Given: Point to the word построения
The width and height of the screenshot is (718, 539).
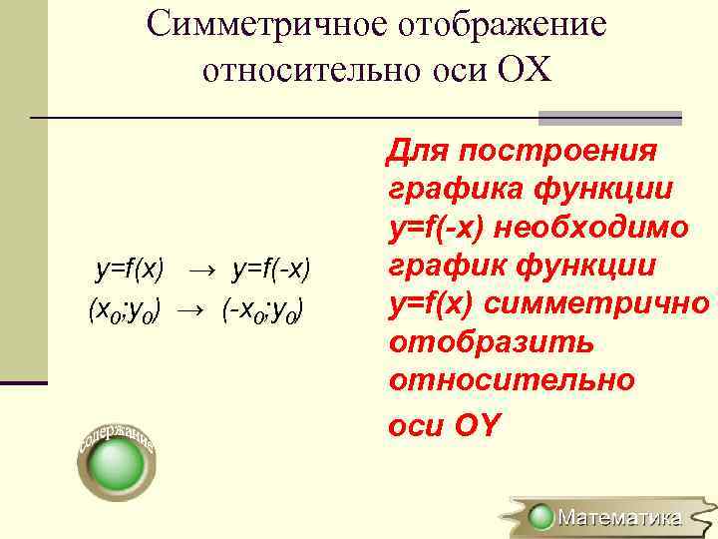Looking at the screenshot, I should click(557, 152).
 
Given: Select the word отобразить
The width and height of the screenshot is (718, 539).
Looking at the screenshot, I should click(492, 342).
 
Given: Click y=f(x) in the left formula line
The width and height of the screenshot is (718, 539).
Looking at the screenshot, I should click(130, 269).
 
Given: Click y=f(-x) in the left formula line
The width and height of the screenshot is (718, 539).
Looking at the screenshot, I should click(271, 269).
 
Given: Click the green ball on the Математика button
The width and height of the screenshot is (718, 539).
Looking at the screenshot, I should click(541, 517).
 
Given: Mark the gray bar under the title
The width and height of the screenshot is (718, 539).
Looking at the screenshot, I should click(609, 118).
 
